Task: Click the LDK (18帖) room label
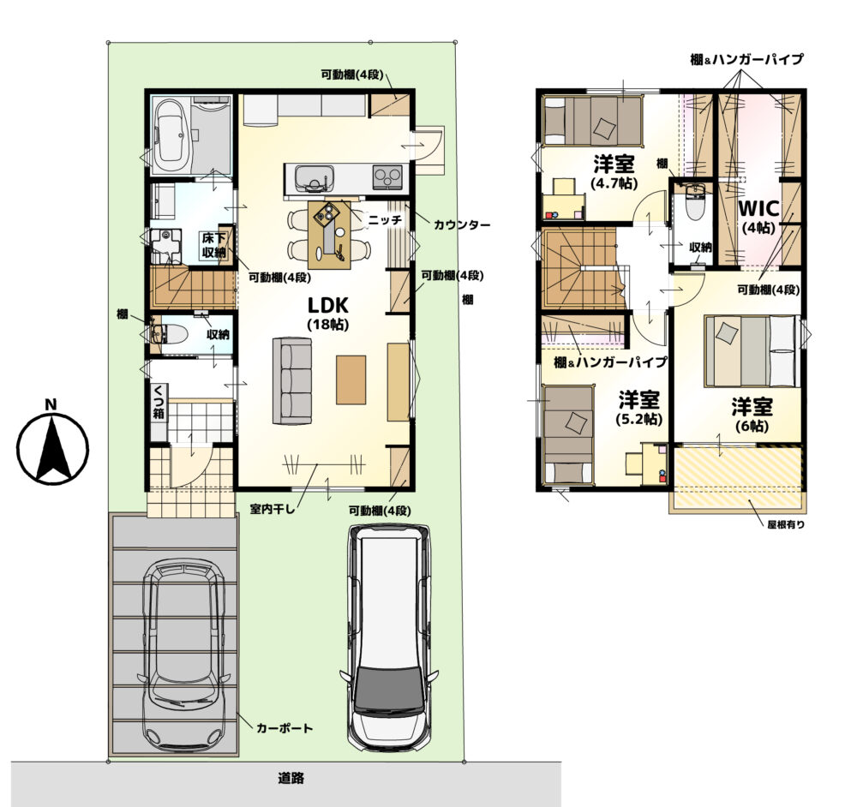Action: point(328,313)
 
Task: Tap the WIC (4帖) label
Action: point(758,217)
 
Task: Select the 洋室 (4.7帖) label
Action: point(614,172)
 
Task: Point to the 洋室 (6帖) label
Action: point(752,415)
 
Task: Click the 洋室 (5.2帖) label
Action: point(639,409)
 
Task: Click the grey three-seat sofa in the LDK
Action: point(292,380)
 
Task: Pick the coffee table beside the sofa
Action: point(351,380)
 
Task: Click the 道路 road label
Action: point(291,778)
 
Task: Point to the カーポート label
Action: point(285,728)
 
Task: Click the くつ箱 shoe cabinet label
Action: point(159,402)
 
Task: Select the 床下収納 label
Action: point(213,245)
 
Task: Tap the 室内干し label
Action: point(273,510)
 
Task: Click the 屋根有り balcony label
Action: point(786,525)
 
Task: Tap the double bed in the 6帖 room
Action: point(751,351)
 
